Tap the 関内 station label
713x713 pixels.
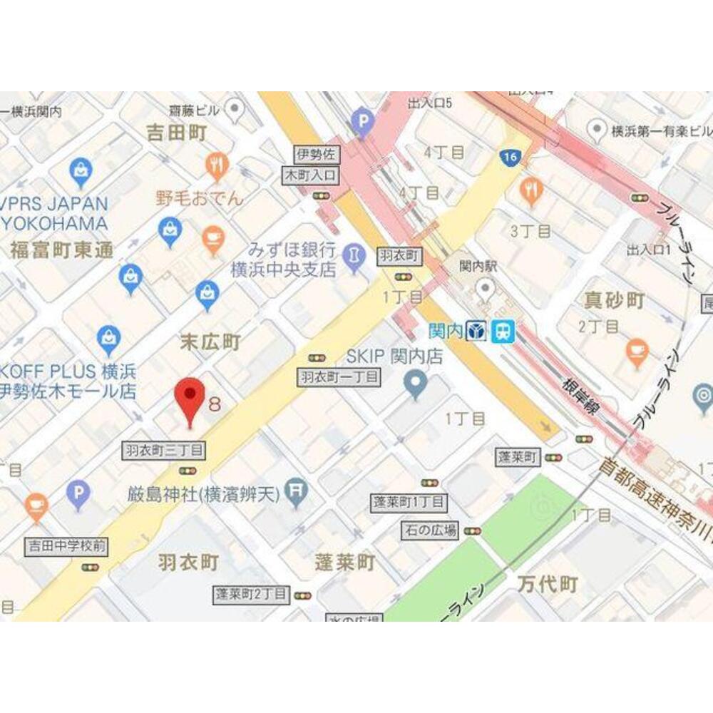[446, 331]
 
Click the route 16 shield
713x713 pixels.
[508, 157]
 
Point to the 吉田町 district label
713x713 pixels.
[176, 133]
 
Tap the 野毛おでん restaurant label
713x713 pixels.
[200, 198]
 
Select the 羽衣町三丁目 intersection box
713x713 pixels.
[164, 450]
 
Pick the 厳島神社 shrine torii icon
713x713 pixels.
[294, 491]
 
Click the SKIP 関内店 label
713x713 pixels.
[394, 356]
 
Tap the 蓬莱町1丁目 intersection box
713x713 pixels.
[409, 502]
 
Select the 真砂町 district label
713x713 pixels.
[615, 301]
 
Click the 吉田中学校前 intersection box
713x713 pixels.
[66, 547]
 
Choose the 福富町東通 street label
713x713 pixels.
[61, 250]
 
